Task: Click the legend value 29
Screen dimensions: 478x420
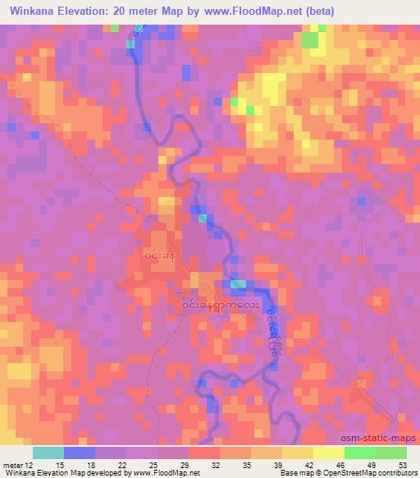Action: click(173, 465)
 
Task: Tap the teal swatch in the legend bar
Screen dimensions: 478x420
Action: click(48, 453)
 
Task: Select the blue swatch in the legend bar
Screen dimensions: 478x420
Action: click(80, 453)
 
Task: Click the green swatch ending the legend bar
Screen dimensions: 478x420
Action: click(391, 453)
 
